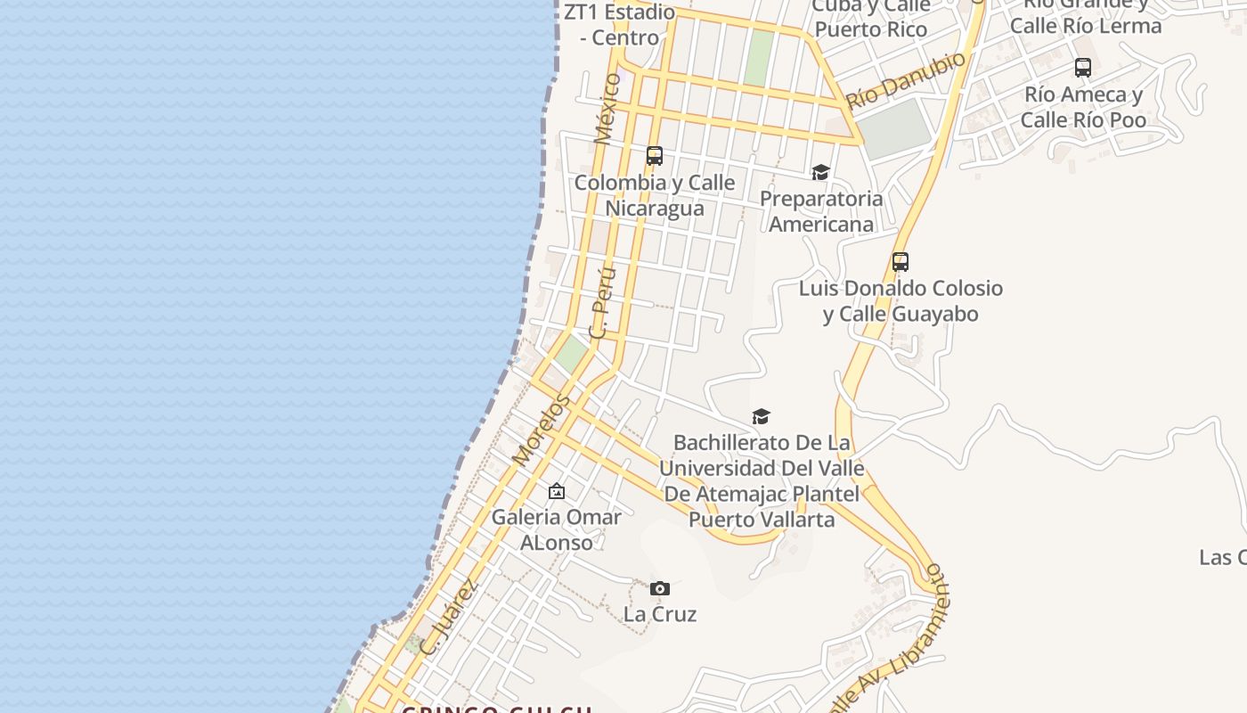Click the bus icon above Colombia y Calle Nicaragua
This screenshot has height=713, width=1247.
[x=655, y=156]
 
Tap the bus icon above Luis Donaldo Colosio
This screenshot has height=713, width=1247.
[x=901, y=262]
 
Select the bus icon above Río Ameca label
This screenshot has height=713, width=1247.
[x=1083, y=68]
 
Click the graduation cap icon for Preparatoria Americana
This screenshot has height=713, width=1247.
[x=820, y=172]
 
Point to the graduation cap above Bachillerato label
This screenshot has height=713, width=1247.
[x=761, y=416]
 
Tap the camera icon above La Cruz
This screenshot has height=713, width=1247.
[x=659, y=588]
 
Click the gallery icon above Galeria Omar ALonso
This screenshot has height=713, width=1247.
[x=557, y=491]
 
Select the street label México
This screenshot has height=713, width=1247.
[x=607, y=109]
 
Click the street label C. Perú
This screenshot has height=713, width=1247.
[x=602, y=304]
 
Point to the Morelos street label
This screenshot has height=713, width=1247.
[x=541, y=430]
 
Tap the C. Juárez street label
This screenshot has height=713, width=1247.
[x=449, y=618]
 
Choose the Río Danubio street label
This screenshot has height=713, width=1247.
[x=906, y=80]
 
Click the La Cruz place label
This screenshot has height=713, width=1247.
[x=659, y=614]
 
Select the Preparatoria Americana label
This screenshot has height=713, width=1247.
[x=820, y=211]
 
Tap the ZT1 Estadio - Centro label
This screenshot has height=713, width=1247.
[x=620, y=25]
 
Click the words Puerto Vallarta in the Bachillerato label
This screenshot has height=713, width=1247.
[x=762, y=519]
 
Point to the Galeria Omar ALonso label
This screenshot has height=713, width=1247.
[x=557, y=529]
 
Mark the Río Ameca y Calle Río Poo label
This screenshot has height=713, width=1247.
[x=1083, y=107]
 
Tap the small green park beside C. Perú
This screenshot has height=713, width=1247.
[x=571, y=355]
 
